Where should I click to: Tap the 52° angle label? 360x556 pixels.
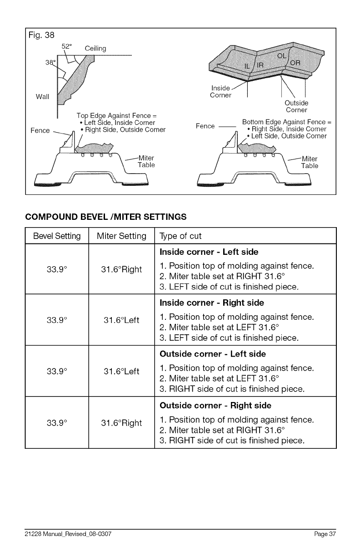click(x=67, y=46)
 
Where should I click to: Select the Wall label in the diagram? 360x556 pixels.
click(x=43, y=96)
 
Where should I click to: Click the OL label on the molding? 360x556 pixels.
click(x=282, y=56)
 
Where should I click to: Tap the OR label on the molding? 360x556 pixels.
click(x=295, y=63)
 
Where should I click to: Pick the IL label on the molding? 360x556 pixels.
click(x=248, y=66)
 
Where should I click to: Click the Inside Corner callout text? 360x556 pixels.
click(x=221, y=91)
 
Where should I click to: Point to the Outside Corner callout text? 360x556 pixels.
click(x=297, y=106)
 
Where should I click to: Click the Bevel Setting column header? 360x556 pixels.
click(x=57, y=236)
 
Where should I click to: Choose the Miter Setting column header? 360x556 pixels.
click(x=122, y=236)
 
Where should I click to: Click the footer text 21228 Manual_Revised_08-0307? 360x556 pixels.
click(x=68, y=533)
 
